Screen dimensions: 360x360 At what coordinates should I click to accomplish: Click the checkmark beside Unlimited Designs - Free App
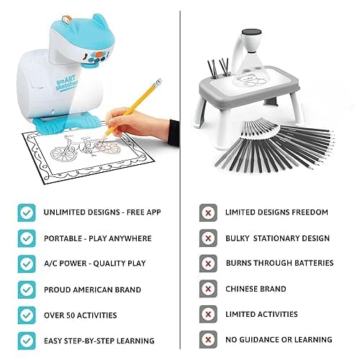point(27,212)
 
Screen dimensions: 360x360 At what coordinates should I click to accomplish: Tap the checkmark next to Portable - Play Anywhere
point(27,238)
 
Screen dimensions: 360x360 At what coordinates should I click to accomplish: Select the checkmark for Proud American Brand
point(27,289)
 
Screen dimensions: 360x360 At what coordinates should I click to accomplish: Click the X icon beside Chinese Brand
point(208,289)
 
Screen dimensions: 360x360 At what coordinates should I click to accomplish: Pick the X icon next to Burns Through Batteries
point(208,264)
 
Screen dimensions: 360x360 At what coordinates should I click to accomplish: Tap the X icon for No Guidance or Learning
point(208,340)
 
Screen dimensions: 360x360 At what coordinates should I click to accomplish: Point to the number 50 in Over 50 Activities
point(71,315)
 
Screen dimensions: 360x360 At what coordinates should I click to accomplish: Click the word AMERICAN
point(92,289)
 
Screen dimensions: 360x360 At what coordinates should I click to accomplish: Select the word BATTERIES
point(314,263)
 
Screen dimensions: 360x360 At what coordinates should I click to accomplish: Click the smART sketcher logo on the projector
point(67,83)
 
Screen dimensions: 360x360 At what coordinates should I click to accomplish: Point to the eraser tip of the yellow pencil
point(158,82)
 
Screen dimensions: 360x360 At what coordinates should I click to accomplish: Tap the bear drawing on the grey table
point(251,81)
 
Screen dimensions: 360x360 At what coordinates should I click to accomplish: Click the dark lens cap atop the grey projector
point(251,32)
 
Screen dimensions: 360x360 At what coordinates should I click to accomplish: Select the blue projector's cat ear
point(100,20)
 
